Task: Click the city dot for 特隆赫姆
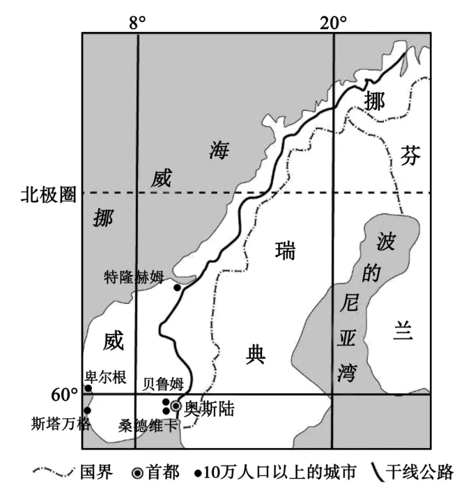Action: [178, 287]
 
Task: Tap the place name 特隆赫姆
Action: [133, 276]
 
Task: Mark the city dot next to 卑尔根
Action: [88, 388]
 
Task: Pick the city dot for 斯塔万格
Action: [88, 410]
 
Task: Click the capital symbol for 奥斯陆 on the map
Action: [176, 406]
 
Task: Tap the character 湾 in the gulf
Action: [346, 371]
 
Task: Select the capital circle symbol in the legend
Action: [137, 474]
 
